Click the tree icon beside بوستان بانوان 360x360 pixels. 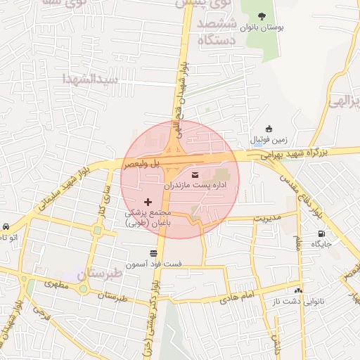(262, 17)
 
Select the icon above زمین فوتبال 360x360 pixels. (269, 129)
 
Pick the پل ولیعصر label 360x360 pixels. (143, 163)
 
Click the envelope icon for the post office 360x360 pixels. (195, 174)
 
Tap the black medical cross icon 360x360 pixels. (148, 202)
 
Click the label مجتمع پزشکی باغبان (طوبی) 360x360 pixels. (148, 217)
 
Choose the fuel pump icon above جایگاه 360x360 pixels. (321, 234)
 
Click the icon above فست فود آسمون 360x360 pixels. (153, 253)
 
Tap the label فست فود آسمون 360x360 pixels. (153, 264)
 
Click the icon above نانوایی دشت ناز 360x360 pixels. (299, 290)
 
